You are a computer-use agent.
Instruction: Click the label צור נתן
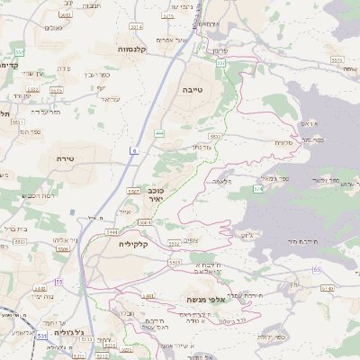pyautogui.click(x=202, y=147)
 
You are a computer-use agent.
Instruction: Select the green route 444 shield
pyautogui.click(x=159, y=133)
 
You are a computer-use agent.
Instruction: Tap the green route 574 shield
pyautogui.click(x=258, y=189)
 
